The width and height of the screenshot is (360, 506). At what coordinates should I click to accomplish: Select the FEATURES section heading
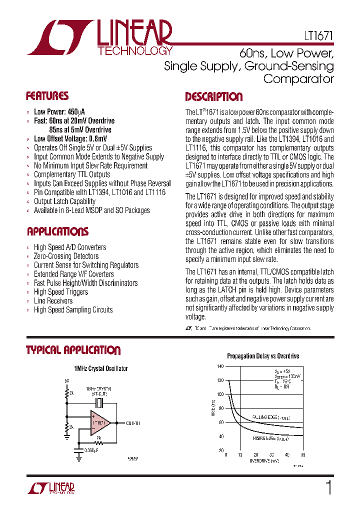(47, 96)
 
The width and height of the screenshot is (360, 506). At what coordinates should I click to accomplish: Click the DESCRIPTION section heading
(213, 97)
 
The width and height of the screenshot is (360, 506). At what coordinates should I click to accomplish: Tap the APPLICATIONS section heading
(57, 231)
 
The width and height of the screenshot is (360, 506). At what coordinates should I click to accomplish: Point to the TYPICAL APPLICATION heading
(73, 350)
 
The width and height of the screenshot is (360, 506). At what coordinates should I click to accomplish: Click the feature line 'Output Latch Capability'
(64, 201)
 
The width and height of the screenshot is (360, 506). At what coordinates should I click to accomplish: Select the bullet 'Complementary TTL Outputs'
(71, 174)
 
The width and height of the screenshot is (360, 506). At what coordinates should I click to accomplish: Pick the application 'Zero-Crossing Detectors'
(66, 256)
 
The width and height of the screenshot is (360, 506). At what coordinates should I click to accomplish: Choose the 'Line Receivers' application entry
(53, 301)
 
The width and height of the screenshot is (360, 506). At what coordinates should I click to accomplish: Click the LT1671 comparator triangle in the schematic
(100, 422)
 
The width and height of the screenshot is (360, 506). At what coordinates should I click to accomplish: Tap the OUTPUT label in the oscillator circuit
(132, 423)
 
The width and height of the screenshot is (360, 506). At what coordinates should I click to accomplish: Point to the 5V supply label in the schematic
(66, 380)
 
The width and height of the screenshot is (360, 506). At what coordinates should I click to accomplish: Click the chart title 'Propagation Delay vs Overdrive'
(263, 356)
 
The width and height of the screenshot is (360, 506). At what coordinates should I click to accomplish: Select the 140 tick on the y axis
(220, 366)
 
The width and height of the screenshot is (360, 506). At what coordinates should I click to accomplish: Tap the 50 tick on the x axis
(303, 455)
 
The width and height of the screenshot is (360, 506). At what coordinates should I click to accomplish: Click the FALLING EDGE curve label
(270, 417)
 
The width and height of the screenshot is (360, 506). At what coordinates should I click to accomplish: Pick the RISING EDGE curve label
(270, 438)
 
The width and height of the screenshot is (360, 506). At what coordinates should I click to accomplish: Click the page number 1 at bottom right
(328, 487)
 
